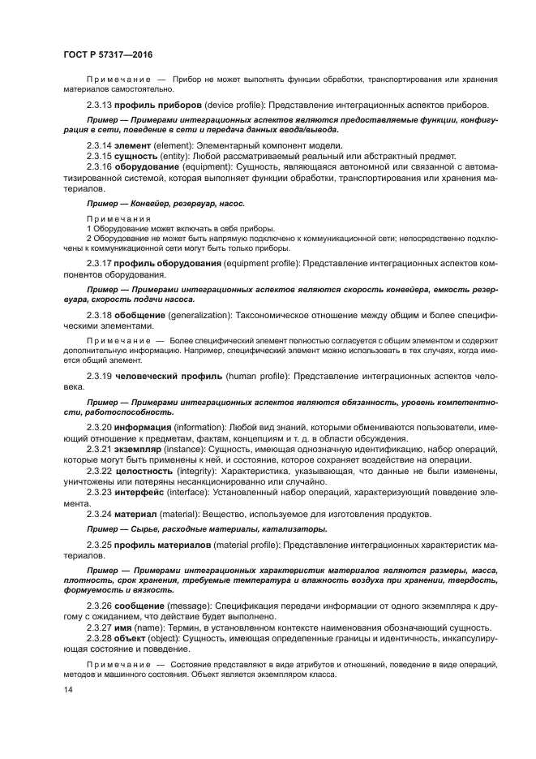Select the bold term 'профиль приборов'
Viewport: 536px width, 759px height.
[153, 106]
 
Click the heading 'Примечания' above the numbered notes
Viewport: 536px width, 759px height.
[119, 218]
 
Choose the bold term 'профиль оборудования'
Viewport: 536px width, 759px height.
[167, 264]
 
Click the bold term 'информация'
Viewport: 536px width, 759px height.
[142, 427]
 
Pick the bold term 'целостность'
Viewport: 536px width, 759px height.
[145, 471]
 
